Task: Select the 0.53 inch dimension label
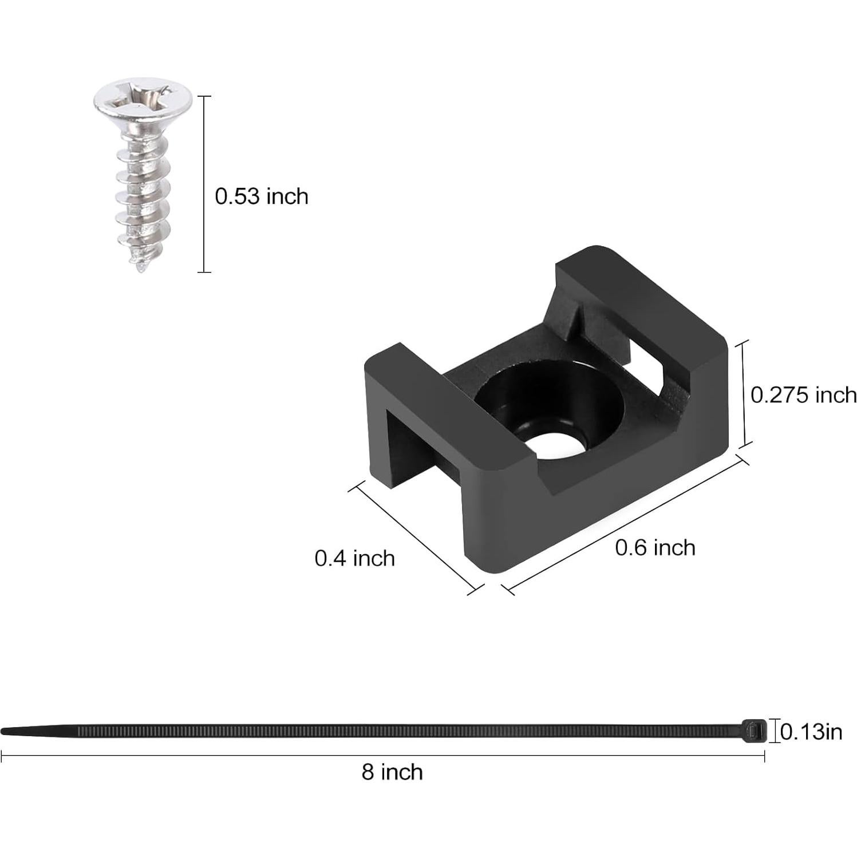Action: pyautogui.click(x=261, y=196)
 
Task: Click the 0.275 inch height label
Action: pyautogui.click(x=803, y=394)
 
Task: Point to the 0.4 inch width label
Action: pyautogui.click(x=354, y=558)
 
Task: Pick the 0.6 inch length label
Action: pyautogui.click(x=655, y=548)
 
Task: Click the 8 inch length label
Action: pyautogui.click(x=392, y=772)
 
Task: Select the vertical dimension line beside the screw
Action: pyautogui.click(x=204, y=183)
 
